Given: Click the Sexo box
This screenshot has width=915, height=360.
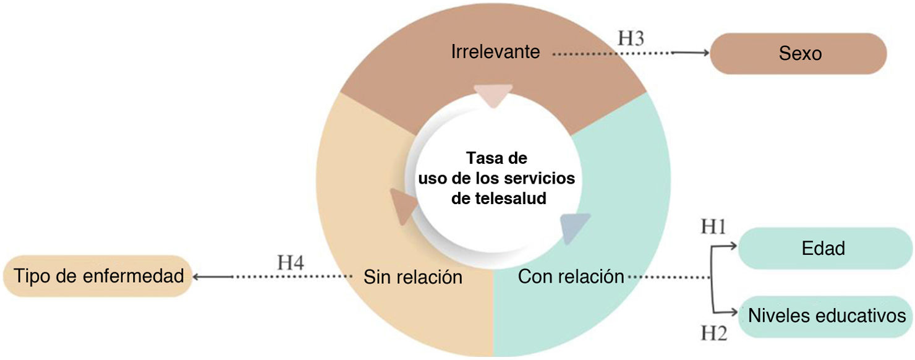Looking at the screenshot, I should [x=798, y=54].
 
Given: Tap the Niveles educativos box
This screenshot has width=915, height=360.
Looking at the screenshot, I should [x=827, y=316].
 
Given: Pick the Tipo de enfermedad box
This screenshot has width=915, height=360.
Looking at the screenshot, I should [x=99, y=276].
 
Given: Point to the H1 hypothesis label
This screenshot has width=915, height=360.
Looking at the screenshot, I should [x=712, y=227].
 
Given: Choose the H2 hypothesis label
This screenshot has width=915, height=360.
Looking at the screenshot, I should [x=712, y=335].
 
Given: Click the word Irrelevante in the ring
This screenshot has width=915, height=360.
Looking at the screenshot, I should [x=495, y=51].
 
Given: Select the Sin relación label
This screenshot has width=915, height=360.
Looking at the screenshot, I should [x=412, y=277].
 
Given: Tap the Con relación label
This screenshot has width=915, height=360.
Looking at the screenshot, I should [x=571, y=276].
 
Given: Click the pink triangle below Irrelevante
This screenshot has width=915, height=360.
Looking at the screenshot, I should [x=493, y=95].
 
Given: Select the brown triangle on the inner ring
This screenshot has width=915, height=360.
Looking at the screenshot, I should [x=402, y=206].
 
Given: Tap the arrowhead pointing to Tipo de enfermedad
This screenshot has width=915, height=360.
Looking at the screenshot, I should [x=197, y=277].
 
